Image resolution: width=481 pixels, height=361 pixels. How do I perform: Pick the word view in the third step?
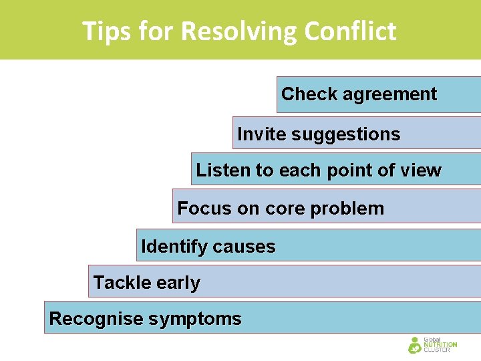click(x=420, y=170)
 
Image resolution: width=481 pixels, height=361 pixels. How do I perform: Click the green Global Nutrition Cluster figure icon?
click(x=415, y=345)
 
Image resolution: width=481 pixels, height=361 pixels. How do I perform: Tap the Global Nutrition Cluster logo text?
click(x=440, y=345)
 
